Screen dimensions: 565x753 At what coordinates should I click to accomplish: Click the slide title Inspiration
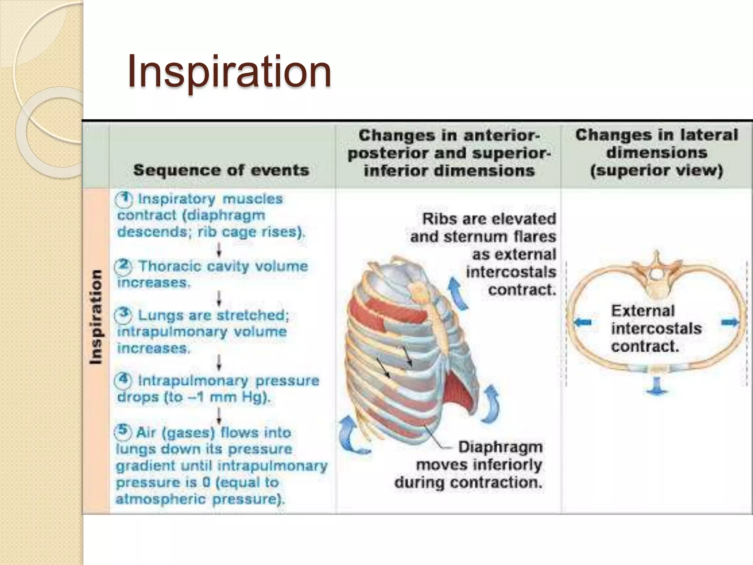(x=229, y=71)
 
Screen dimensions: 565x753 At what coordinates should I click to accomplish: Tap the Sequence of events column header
(x=221, y=170)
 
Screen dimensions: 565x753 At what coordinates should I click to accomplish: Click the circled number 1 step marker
(x=124, y=199)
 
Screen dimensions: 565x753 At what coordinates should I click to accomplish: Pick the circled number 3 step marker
(x=123, y=315)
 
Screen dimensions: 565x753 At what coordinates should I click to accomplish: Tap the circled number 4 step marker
(x=123, y=380)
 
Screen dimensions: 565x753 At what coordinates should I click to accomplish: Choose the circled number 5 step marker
(x=123, y=431)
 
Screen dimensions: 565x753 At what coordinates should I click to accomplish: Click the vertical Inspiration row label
(x=96, y=317)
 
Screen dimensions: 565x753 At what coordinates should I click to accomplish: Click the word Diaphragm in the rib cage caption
(x=500, y=447)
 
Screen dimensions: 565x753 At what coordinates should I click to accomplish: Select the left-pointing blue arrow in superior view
(x=582, y=322)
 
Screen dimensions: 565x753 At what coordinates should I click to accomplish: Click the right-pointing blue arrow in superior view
(x=729, y=323)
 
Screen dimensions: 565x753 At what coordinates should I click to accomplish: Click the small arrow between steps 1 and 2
(x=219, y=250)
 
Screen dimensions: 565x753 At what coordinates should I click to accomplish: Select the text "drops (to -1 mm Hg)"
(x=194, y=397)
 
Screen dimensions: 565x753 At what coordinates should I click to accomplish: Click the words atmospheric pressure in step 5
(x=200, y=499)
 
